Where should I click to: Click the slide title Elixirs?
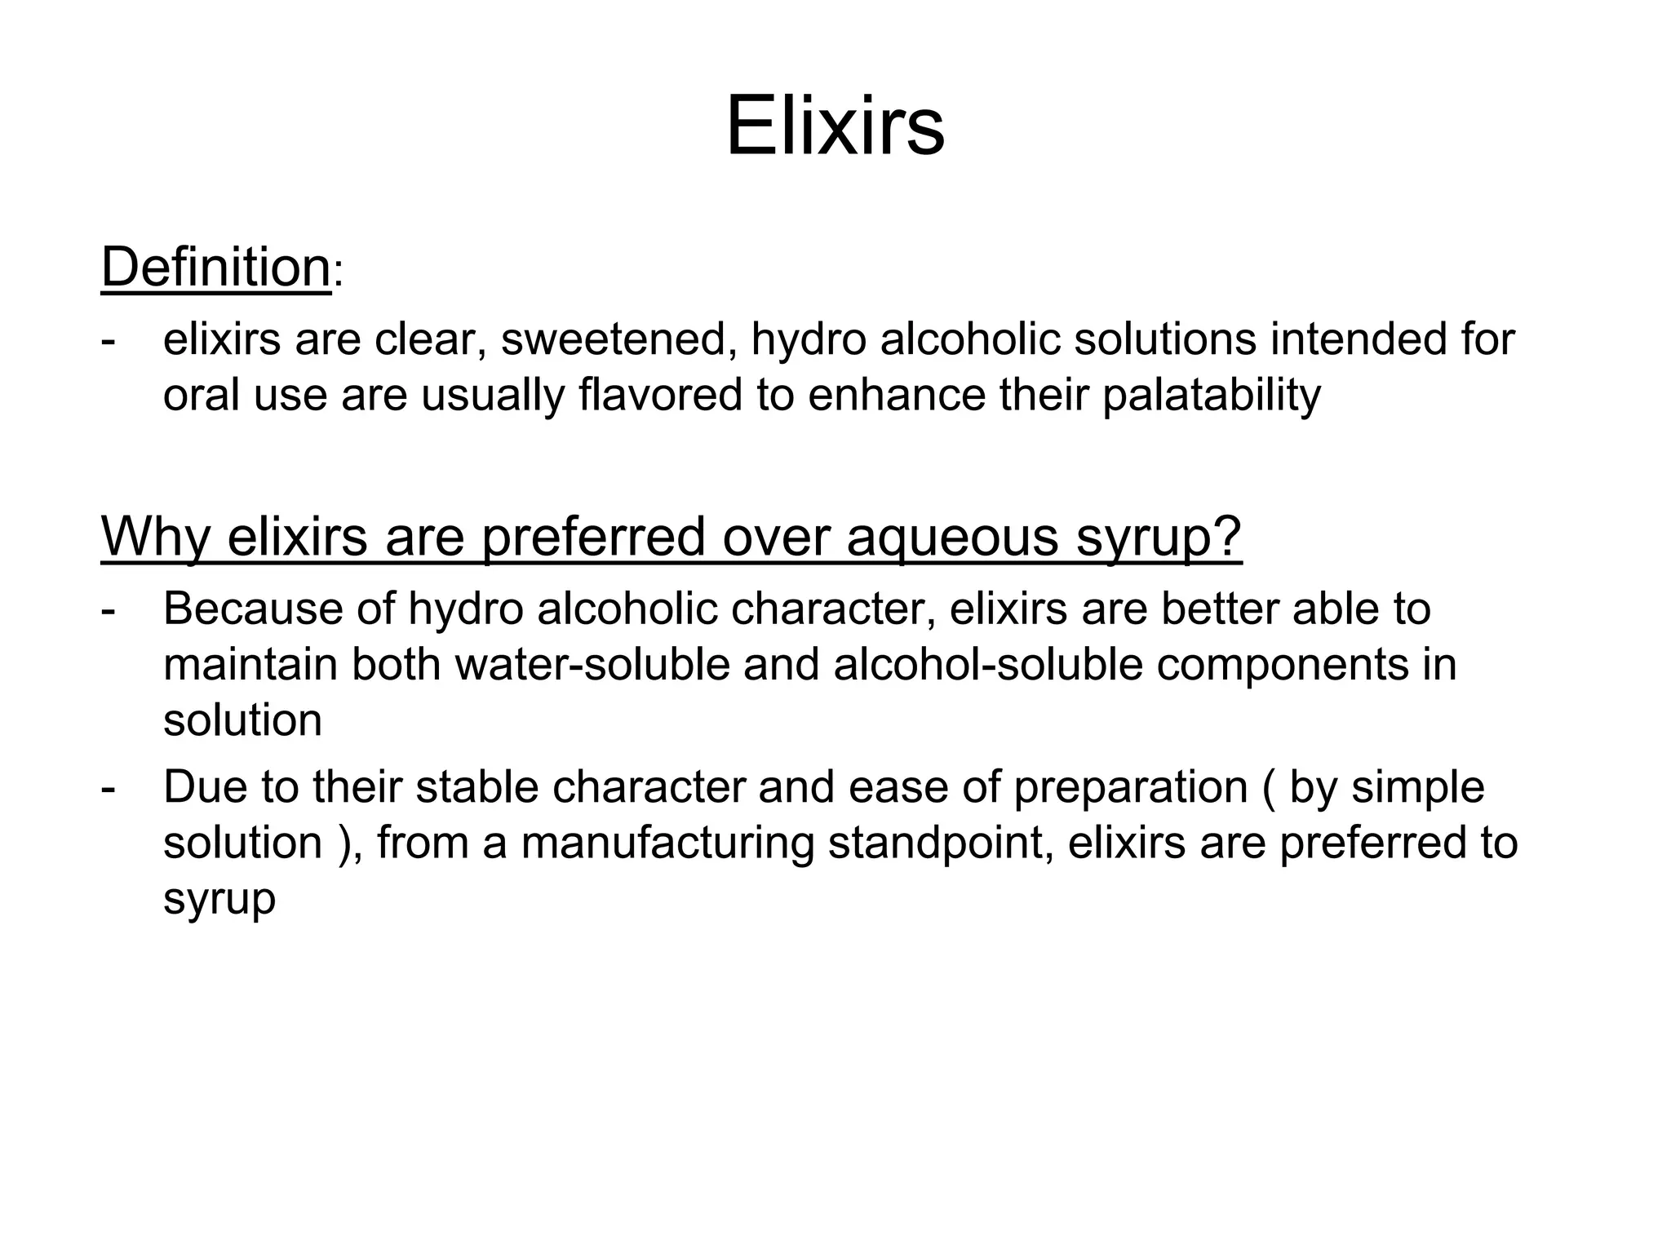(835, 127)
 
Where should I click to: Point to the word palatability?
(1211, 396)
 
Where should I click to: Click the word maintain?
(250, 664)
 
